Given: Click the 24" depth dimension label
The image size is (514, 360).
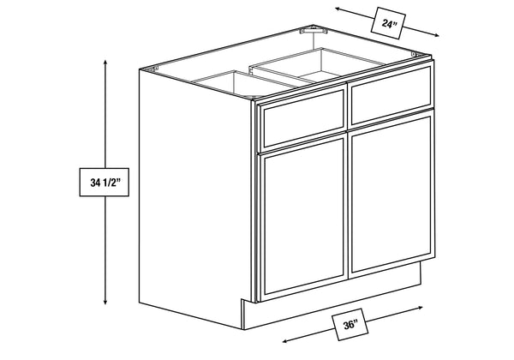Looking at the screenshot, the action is tap(388, 23).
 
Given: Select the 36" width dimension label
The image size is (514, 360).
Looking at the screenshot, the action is tap(350, 324).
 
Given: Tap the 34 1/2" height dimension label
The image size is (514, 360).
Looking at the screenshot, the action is tap(105, 183).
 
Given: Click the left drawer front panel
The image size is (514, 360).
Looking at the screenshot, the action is tap(303, 118).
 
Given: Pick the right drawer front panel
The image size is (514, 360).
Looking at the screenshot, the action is tap(391, 93).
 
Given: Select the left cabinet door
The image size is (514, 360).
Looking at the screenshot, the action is tap(303, 218).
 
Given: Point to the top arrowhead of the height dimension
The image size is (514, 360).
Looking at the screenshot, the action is tap(105, 63).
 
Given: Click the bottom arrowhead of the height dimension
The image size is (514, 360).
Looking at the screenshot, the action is tap(105, 302).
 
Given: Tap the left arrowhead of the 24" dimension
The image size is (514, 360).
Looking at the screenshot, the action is tap(338, 9).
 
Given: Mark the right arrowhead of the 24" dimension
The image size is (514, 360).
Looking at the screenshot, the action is tap(436, 35).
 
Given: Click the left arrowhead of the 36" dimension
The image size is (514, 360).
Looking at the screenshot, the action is tap(285, 341).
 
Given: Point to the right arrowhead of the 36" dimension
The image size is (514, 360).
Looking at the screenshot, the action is tap(420, 307).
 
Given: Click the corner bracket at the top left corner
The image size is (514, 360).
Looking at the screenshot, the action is tap(153, 69).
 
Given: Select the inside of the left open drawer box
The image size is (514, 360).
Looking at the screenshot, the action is tap(242, 86).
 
